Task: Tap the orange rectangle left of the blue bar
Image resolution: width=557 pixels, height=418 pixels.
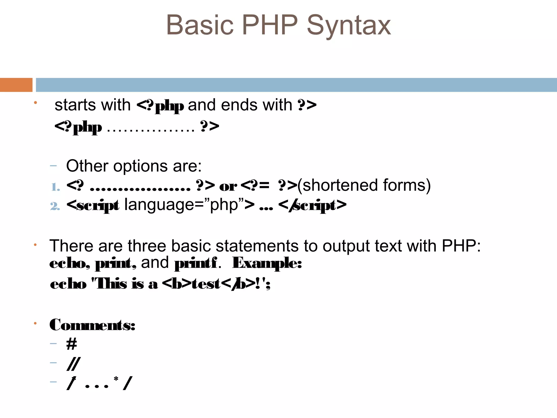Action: tap(16, 85)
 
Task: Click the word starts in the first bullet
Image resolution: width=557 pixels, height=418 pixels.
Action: tap(73, 105)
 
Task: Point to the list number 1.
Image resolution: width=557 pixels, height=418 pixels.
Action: tap(55, 187)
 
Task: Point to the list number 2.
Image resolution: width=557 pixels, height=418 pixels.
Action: tap(55, 206)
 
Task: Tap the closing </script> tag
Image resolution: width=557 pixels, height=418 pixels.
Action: tap(312, 205)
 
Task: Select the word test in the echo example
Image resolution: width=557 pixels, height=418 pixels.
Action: tap(206, 284)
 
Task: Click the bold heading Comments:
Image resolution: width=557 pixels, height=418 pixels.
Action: tap(92, 325)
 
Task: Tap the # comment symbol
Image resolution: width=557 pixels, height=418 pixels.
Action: tap(72, 344)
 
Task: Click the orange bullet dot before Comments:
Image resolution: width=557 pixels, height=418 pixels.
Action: tap(35, 323)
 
